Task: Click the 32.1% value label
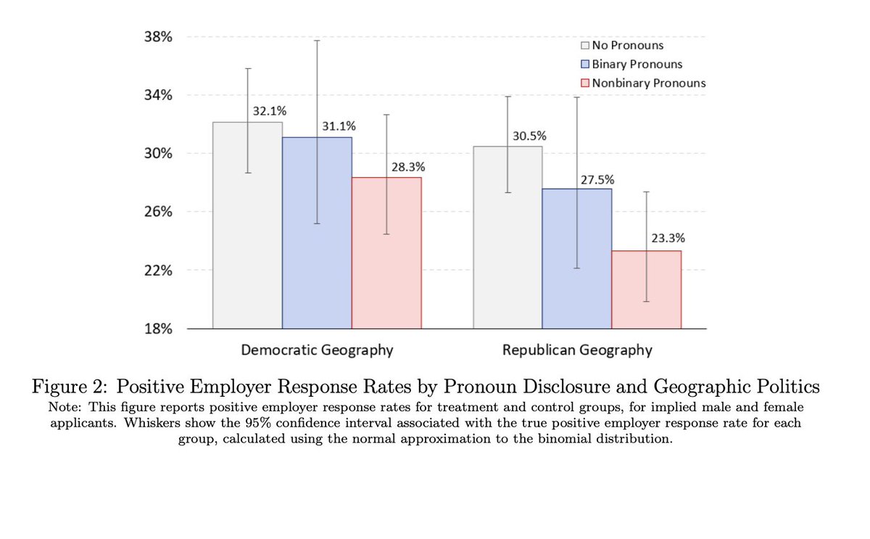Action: (270, 112)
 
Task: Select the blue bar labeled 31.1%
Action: (317, 232)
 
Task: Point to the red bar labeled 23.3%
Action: (646, 289)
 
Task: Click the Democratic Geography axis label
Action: (317, 350)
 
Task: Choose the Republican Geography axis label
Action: (577, 350)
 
